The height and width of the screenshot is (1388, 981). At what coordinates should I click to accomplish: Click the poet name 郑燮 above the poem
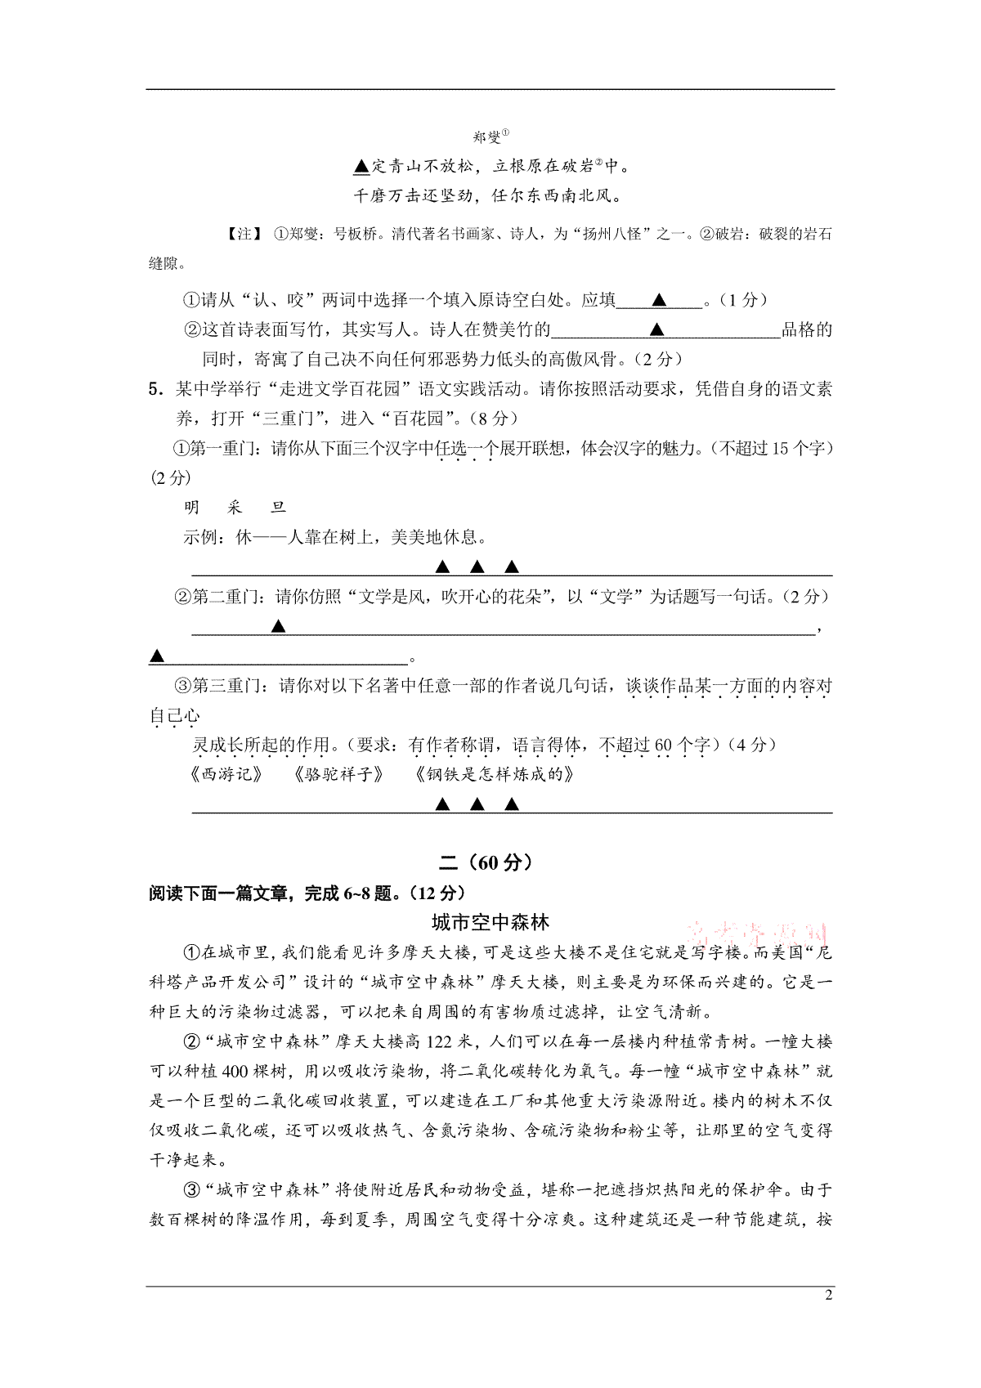[x=487, y=137]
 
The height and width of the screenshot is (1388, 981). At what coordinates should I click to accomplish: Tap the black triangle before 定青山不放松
[x=361, y=167]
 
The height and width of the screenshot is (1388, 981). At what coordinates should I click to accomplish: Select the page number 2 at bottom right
[x=828, y=1295]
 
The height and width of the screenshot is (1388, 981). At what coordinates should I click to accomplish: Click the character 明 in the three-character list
[x=192, y=508]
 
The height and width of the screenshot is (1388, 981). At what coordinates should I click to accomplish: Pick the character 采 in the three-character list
[x=235, y=508]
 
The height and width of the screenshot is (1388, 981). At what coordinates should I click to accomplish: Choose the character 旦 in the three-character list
[x=279, y=508]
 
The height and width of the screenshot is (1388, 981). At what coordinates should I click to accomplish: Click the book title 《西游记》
[x=225, y=774]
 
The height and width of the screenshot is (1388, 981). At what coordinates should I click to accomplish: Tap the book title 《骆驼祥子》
[x=338, y=774]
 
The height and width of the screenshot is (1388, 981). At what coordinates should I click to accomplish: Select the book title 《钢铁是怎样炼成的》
[x=494, y=774]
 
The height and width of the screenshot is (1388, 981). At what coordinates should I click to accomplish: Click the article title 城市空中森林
[x=490, y=923]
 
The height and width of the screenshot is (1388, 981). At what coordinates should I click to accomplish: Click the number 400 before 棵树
[x=235, y=1072]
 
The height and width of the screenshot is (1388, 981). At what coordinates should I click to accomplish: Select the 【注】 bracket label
[x=244, y=235]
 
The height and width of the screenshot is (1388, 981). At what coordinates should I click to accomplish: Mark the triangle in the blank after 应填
[x=660, y=301]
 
